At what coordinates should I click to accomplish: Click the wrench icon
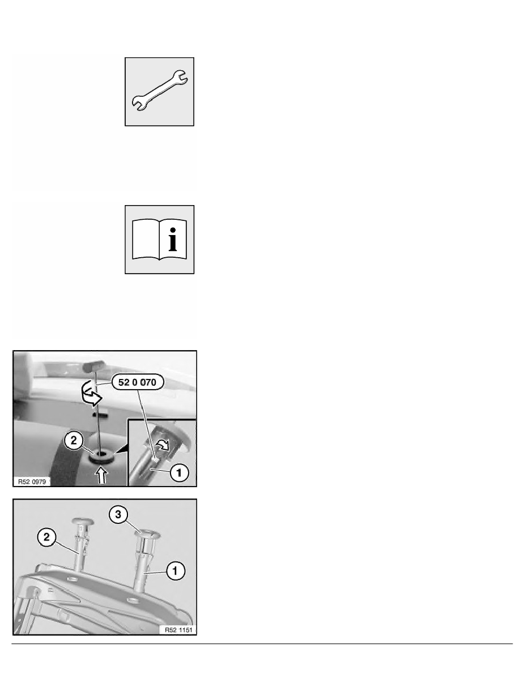pos(160,91)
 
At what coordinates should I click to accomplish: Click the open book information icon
pos(160,240)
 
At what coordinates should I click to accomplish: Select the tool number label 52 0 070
pos(139,384)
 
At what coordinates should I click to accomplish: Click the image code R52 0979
pos(32,482)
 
